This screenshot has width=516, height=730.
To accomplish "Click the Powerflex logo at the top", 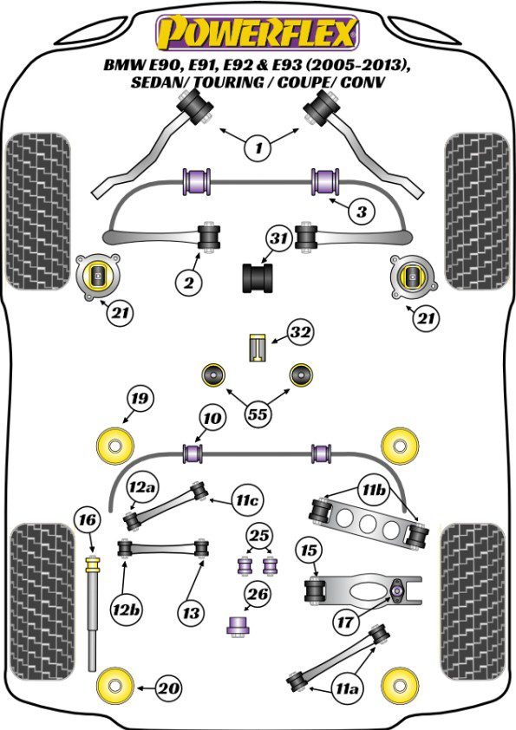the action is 258,33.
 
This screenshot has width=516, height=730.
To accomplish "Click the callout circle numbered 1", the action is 258,148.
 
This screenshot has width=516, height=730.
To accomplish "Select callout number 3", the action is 362,212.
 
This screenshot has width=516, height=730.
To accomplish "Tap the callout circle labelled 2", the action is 188,282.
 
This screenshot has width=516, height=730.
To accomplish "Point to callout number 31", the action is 279,238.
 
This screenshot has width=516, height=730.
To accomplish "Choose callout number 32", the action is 300,332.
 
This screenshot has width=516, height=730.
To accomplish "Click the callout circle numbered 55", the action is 258,414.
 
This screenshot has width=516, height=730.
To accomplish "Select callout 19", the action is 140,399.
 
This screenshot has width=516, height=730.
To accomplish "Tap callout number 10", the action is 212,418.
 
